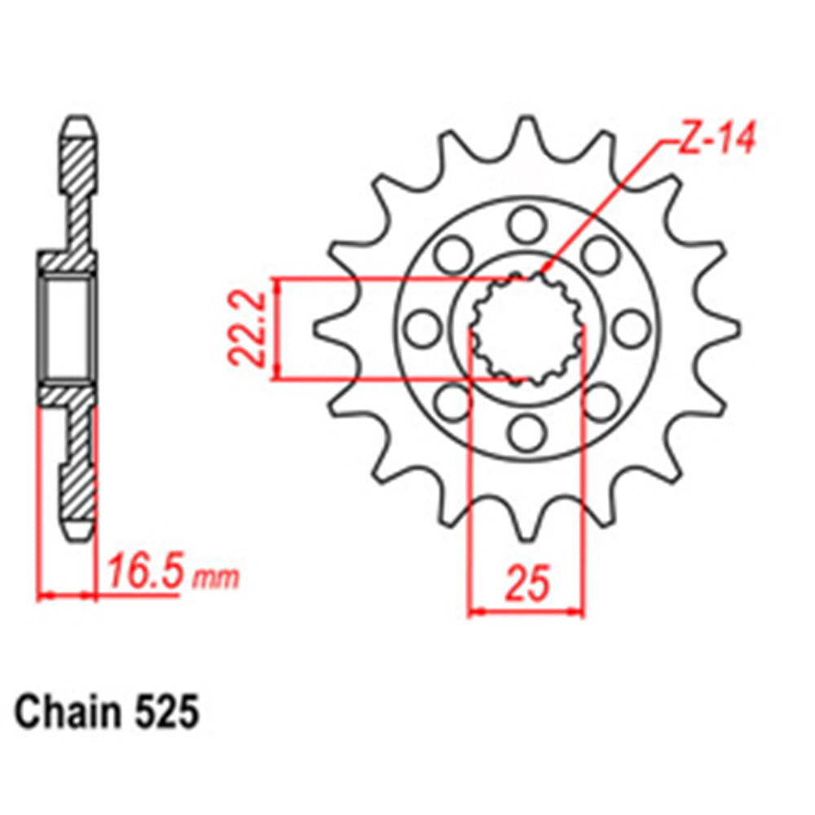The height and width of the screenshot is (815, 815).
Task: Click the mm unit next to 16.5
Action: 216,578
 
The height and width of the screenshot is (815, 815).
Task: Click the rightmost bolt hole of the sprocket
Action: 629,328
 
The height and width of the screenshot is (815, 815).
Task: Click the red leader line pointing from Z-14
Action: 603,204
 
